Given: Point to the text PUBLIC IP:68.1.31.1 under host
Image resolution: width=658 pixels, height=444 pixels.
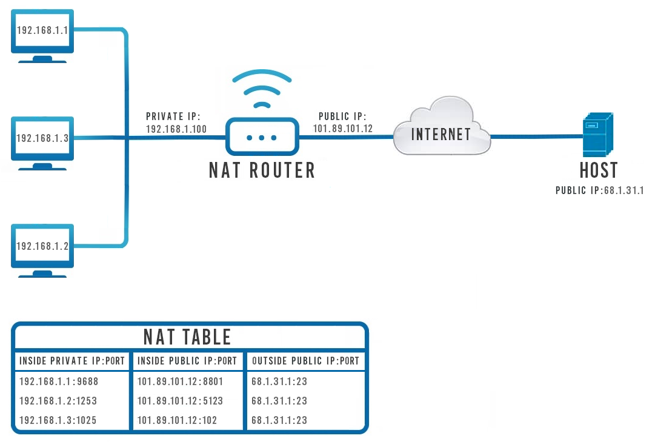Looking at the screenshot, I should [x=599, y=190].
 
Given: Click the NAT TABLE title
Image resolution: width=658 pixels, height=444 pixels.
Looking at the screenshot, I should [x=187, y=337].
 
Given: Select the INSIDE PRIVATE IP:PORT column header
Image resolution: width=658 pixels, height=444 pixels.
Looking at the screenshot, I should [x=72, y=361].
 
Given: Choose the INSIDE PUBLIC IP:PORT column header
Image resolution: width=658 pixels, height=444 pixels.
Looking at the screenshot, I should [x=187, y=361].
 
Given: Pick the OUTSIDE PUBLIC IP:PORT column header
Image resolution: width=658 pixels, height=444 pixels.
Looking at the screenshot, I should [x=305, y=361].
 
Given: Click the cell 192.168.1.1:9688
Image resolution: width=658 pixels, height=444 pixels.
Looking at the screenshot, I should [x=59, y=382].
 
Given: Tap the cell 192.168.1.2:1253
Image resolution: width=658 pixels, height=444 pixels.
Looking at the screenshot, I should [x=58, y=401].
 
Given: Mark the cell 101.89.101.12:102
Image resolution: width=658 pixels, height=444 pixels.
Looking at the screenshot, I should [x=177, y=420].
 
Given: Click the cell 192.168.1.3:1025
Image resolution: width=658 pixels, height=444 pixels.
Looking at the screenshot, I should [x=58, y=420].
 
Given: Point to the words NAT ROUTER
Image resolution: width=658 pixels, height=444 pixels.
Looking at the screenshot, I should [x=262, y=170].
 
